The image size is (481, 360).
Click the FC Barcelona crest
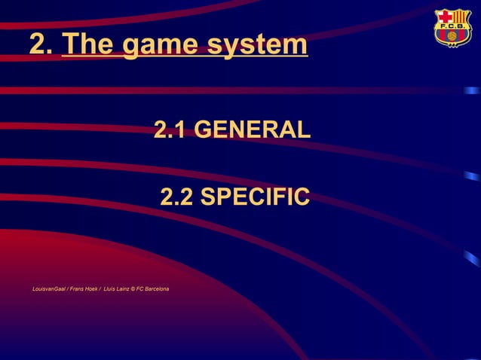(x=452, y=28)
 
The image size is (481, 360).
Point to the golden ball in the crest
(x=452, y=36)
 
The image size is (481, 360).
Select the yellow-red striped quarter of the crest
(x=460, y=17)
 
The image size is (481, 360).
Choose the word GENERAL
(x=252, y=130)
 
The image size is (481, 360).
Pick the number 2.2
(x=177, y=197)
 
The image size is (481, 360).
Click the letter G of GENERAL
(x=204, y=130)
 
